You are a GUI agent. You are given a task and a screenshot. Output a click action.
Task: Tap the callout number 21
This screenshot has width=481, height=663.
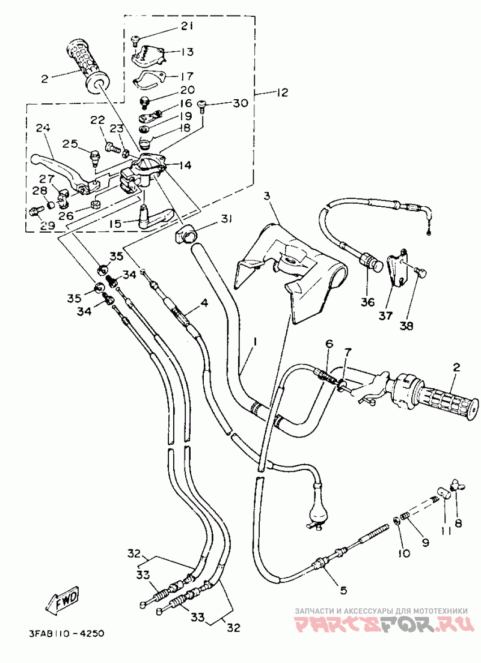186,26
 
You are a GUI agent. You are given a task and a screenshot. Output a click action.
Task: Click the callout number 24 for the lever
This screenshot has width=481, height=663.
43,127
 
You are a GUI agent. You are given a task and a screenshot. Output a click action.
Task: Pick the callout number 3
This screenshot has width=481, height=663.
266,196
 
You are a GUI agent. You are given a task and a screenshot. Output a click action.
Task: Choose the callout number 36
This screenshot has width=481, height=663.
367,302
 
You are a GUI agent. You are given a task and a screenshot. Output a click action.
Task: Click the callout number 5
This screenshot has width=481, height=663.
343,590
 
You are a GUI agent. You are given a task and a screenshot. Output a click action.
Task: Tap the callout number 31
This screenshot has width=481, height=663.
226,218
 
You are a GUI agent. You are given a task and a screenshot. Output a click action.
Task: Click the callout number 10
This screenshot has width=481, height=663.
403,552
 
